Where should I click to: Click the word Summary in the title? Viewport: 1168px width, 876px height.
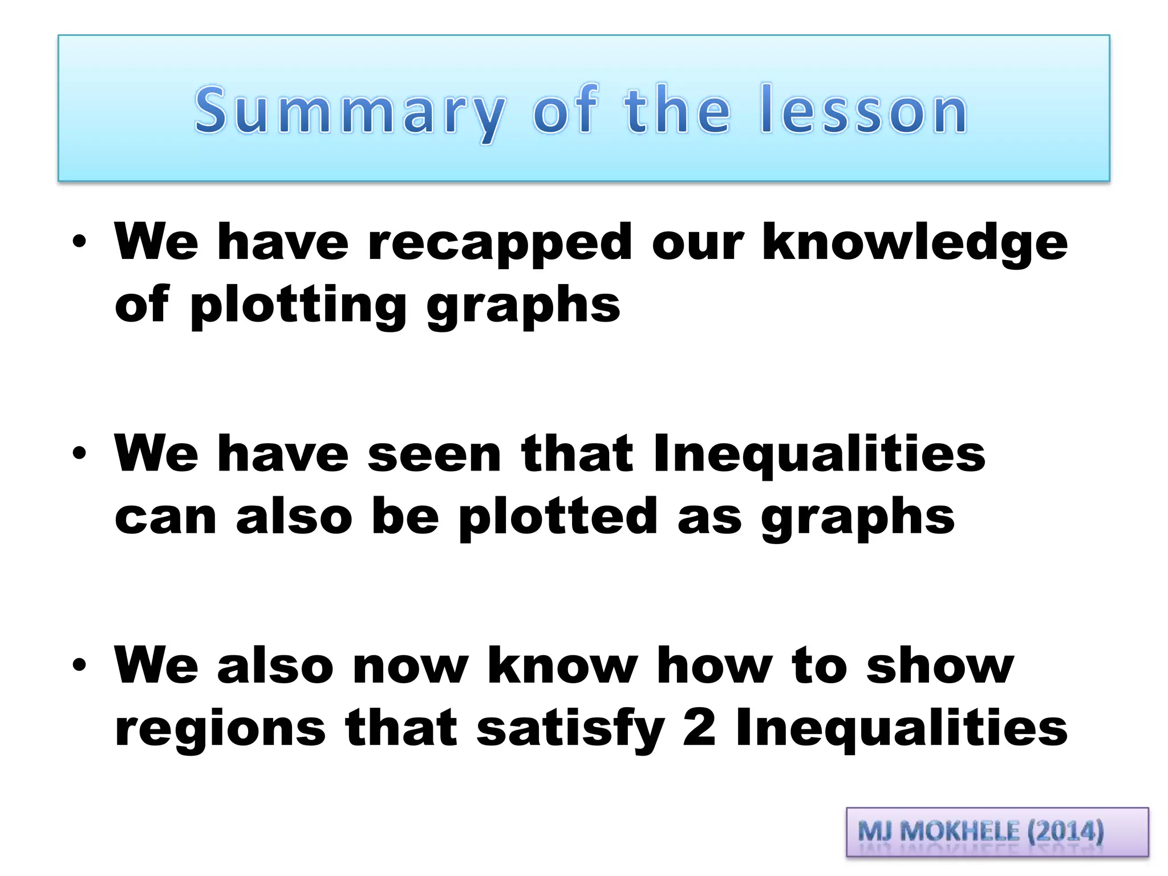click(x=349, y=112)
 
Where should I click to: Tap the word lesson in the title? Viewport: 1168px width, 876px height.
click(x=863, y=111)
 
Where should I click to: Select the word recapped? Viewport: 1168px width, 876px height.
click(x=500, y=243)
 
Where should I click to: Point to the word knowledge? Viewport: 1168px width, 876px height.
click(x=914, y=243)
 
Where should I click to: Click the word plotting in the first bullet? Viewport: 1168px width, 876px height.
click(x=298, y=306)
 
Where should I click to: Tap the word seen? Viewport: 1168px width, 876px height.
click(x=434, y=455)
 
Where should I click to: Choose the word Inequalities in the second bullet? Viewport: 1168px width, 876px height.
click(x=819, y=455)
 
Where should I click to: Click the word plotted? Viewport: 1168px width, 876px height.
click(x=558, y=517)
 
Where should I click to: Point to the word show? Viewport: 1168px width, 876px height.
click(x=940, y=666)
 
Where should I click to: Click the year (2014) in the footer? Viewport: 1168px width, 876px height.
click(x=1065, y=831)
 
